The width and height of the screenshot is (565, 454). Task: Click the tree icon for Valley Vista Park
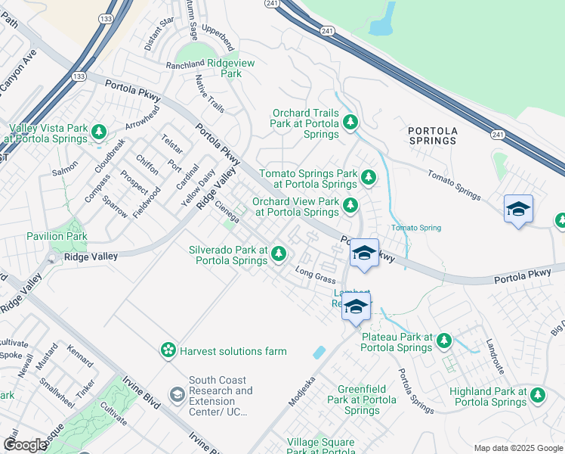click(x=98, y=132)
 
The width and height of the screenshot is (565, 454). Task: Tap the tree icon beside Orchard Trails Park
click(x=349, y=121)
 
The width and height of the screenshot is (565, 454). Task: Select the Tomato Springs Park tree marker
click(x=368, y=178)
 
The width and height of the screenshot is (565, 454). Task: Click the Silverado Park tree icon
click(x=279, y=253)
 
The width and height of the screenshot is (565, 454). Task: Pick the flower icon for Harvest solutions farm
click(x=168, y=350)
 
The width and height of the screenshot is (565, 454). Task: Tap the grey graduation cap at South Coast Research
click(x=177, y=393)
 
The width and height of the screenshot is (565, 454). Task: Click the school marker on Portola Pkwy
click(x=364, y=253)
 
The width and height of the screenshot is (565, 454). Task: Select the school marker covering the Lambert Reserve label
click(x=357, y=306)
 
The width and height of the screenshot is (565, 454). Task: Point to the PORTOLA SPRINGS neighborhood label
click(x=433, y=135)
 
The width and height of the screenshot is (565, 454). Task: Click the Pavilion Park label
click(x=57, y=236)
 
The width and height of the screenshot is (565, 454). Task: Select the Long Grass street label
click(x=315, y=275)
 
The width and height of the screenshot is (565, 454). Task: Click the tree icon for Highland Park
click(x=537, y=394)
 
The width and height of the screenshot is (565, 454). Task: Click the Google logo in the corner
click(x=25, y=445)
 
